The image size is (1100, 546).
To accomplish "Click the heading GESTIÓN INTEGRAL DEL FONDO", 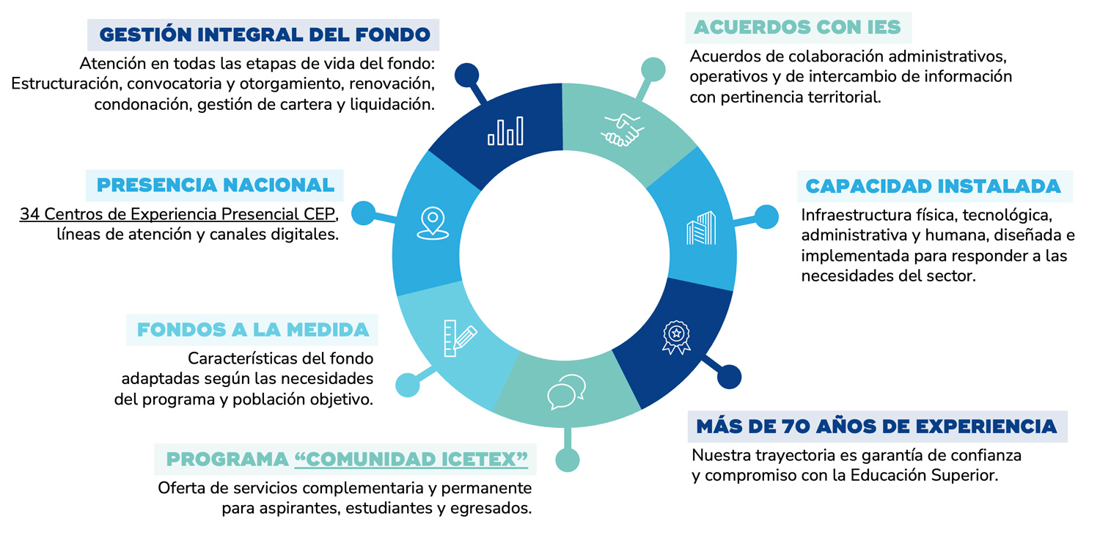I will tap(264, 34).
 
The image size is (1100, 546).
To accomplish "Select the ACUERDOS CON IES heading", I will tap(797, 28).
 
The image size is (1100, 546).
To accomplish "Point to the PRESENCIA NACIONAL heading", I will tap(216, 185).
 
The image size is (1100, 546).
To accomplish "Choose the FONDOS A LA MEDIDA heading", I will tap(253, 329).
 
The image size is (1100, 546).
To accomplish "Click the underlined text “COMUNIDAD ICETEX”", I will tap(411, 460).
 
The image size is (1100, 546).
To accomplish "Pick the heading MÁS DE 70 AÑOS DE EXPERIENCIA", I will tap(876, 426).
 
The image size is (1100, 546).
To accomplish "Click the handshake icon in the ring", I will tap(623, 130).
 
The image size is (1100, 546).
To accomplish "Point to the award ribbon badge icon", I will tap(676, 336).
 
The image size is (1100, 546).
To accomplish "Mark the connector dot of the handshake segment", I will tap(653, 69).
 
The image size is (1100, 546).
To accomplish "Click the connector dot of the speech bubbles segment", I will tap(567, 460).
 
